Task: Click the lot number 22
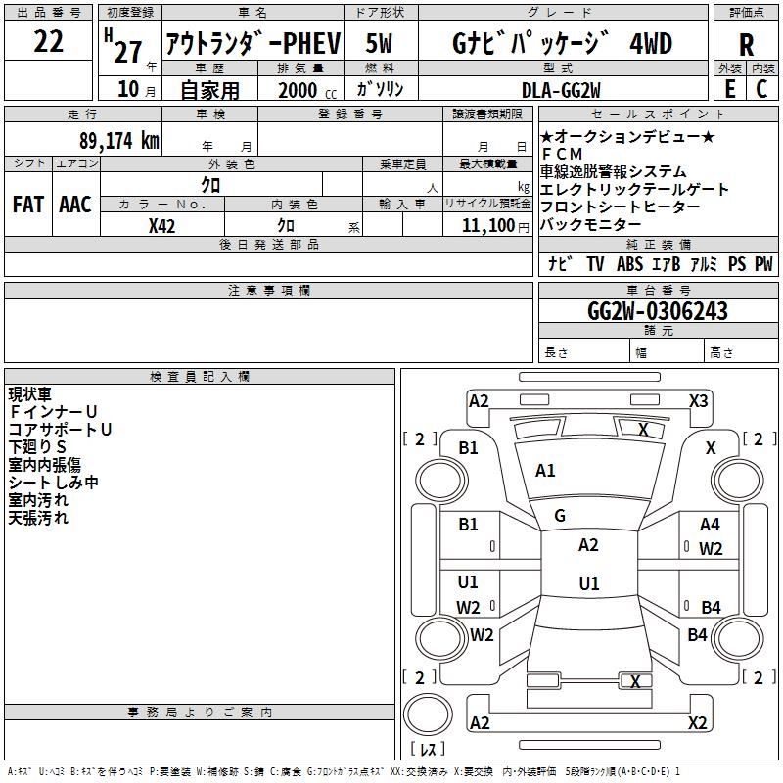click(x=48, y=41)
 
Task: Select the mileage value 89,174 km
click(x=118, y=141)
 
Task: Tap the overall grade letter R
click(x=746, y=45)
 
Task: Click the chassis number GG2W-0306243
click(x=657, y=311)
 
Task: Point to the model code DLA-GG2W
click(x=561, y=90)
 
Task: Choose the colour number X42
click(x=161, y=226)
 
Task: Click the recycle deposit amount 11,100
click(x=487, y=226)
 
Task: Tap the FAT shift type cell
click(x=28, y=205)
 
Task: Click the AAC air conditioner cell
click(x=75, y=205)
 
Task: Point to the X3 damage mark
click(x=698, y=401)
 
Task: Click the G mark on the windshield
click(x=560, y=516)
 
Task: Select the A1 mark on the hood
click(x=545, y=471)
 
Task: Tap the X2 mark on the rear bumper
click(x=697, y=722)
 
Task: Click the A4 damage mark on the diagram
click(x=710, y=525)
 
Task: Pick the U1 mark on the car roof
click(x=589, y=583)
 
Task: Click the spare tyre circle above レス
click(x=428, y=714)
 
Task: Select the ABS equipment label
click(x=629, y=263)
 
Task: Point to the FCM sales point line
click(x=562, y=154)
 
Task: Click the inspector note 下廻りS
click(x=37, y=447)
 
